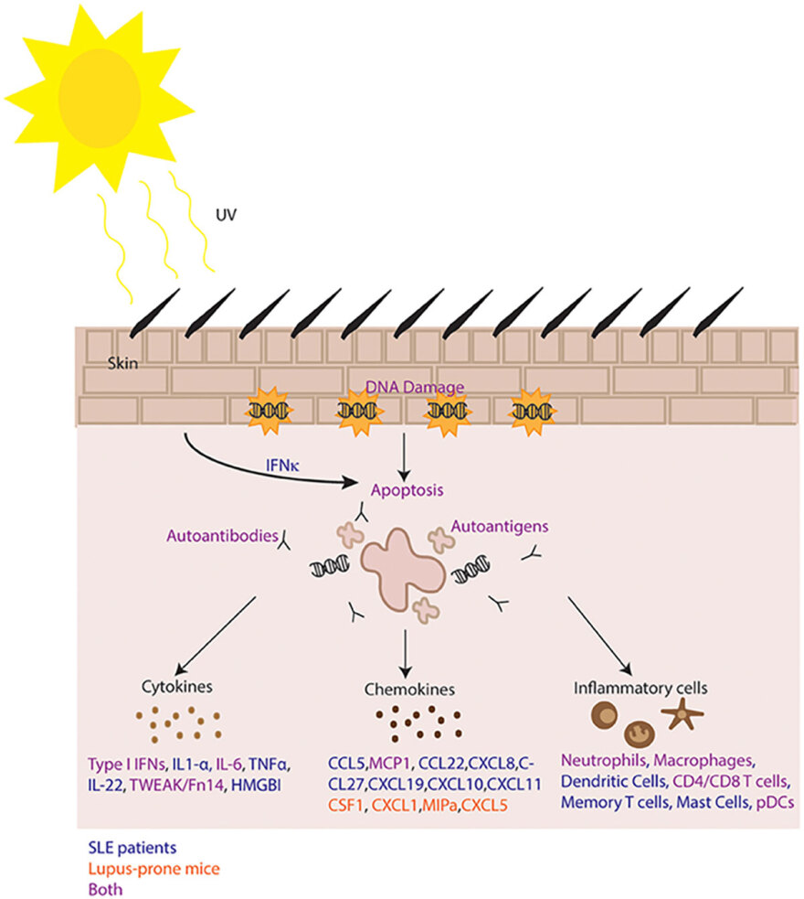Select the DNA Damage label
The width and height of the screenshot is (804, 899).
click(415, 387)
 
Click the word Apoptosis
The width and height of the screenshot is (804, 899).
click(406, 489)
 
